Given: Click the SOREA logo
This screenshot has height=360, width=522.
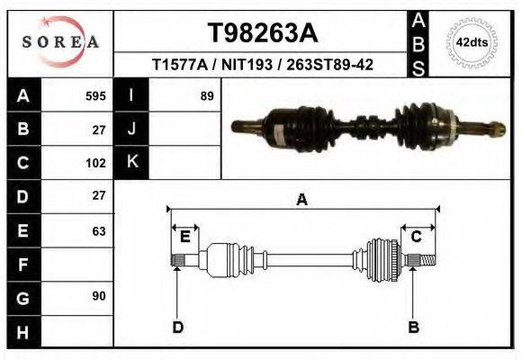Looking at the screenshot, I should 59,41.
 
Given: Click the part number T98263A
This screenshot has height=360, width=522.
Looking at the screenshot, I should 262,33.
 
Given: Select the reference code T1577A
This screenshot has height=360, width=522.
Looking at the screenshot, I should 180,65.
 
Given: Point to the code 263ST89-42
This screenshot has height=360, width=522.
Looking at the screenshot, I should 328,65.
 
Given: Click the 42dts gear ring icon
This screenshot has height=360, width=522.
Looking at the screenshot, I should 472,42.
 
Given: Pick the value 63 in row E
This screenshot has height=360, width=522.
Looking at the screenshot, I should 98,230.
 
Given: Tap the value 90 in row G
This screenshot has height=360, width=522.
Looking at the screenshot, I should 98,296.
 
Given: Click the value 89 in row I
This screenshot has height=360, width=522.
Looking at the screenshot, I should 206,95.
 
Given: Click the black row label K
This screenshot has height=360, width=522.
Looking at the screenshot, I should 132,162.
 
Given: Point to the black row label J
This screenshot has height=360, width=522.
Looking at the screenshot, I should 132,129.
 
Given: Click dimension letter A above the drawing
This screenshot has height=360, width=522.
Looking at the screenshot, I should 302,200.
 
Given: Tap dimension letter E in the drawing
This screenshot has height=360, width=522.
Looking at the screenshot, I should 184,237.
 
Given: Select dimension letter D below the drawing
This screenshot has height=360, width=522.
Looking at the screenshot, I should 177,327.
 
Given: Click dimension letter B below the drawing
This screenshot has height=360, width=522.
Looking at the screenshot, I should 414,327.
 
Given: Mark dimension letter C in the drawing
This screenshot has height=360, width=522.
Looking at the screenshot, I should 417,237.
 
